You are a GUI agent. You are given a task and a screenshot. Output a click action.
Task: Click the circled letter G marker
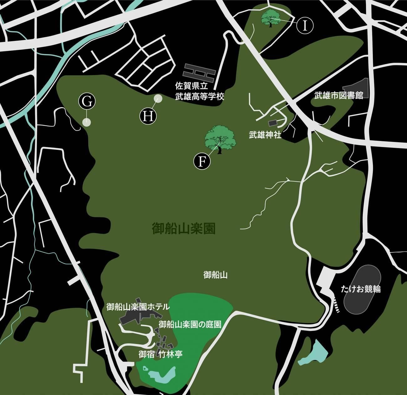coord(87,101)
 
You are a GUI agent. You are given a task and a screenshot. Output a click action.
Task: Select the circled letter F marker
coord(202,161)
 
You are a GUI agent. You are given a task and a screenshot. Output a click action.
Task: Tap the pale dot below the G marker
coord(86,122)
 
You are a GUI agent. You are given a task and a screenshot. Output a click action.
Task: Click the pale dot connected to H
coord(158,99)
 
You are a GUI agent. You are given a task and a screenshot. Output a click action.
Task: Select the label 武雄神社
coord(265,135)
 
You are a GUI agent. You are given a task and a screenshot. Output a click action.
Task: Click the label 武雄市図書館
coord(339,95)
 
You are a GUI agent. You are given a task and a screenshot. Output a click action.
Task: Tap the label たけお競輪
coord(361,289)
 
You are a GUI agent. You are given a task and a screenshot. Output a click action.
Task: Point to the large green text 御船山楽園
coord(183,229)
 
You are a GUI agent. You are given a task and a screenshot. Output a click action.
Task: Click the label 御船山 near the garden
coord(215,275)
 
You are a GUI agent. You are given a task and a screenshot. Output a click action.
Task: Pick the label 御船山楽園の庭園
coord(190,324)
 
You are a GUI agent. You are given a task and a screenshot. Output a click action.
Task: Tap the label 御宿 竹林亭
coord(161,354)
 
